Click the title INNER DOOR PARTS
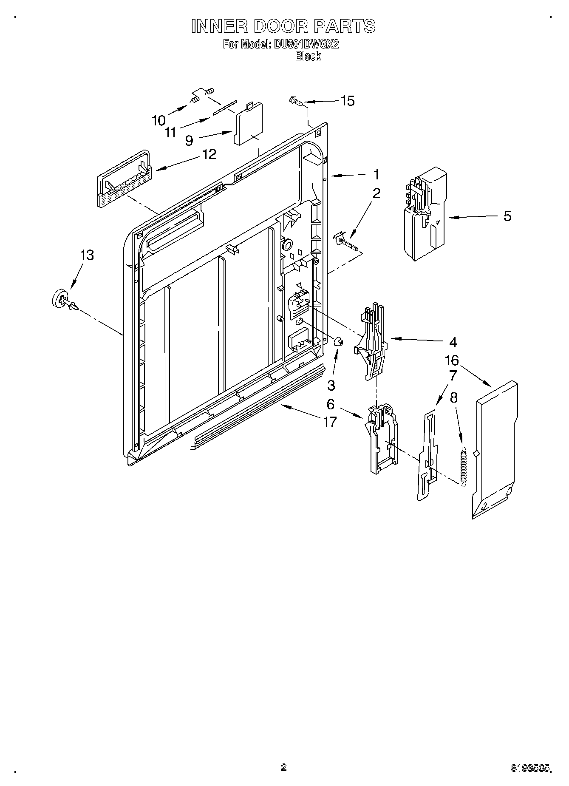point(283,26)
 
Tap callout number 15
point(348,101)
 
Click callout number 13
point(87,255)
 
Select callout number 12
point(209,154)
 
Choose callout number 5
point(507,216)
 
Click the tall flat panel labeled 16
point(496,451)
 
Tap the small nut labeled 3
point(339,341)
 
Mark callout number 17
point(330,422)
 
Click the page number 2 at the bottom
point(284,766)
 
